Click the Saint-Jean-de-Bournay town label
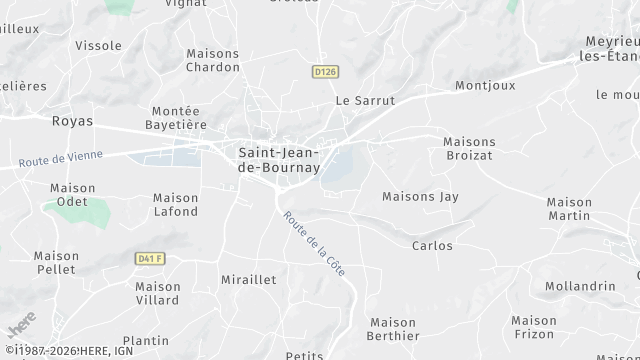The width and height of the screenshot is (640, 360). [x=279, y=160]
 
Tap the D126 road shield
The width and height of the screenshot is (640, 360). [x=323, y=72]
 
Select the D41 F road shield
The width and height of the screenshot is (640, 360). [x=150, y=259]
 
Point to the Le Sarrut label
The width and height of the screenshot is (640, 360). [x=365, y=101]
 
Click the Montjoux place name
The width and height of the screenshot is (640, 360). [x=485, y=86]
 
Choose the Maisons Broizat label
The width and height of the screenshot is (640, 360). [x=469, y=149]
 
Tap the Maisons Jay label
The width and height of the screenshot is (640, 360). [x=420, y=197]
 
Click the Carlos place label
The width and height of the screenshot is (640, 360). [x=432, y=246]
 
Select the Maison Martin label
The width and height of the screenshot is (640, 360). [x=569, y=209]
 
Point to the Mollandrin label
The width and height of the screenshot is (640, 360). [x=580, y=286]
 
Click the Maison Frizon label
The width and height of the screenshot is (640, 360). [x=534, y=328]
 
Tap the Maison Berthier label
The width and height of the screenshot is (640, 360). [x=394, y=329]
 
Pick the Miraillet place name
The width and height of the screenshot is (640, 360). [x=249, y=281]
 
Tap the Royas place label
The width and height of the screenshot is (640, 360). [x=72, y=121]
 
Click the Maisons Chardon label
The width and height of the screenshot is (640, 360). [x=213, y=61]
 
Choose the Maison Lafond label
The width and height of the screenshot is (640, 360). [x=176, y=205]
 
